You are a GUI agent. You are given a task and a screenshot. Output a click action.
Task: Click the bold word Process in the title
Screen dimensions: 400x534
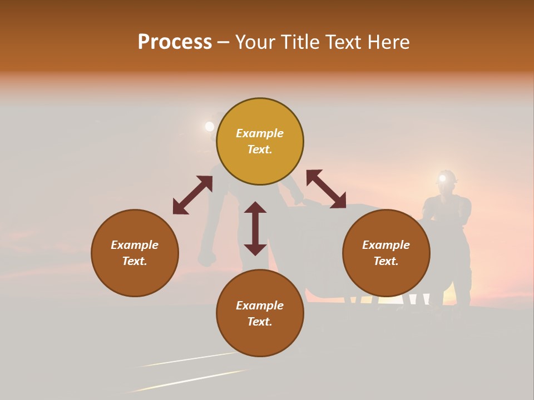pos(175,42)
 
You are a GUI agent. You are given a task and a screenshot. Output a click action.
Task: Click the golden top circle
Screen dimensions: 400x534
pos(260,142)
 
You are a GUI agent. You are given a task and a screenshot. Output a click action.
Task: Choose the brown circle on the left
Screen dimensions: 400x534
pos(135,253)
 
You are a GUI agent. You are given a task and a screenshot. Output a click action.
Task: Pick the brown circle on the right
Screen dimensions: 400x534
pos(386,253)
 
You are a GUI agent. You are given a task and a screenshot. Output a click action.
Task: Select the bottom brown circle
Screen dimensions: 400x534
pos(260,313)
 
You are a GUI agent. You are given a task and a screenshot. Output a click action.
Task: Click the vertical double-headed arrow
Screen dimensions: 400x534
pos(255,228)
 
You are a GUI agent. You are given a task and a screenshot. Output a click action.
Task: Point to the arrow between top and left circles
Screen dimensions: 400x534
pos(192,195)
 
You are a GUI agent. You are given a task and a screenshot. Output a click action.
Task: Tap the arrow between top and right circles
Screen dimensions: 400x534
pos(326,189)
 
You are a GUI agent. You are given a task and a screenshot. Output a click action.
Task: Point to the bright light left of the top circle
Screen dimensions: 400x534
pos(209,127)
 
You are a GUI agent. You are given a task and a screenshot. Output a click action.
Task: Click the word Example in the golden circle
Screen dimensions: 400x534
pos(260,133)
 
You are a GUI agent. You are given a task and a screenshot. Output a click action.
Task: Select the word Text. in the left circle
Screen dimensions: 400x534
pos(135,261)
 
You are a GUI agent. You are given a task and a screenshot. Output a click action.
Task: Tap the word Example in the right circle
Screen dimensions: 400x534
pos(386,245)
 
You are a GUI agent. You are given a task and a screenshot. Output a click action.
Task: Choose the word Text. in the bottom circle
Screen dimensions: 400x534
pos(260,322)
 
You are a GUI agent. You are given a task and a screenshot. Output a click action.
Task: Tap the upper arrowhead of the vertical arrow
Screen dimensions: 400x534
pos(255,207)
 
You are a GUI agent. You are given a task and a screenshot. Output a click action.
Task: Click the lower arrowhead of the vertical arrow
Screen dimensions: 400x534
pos(255,249)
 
